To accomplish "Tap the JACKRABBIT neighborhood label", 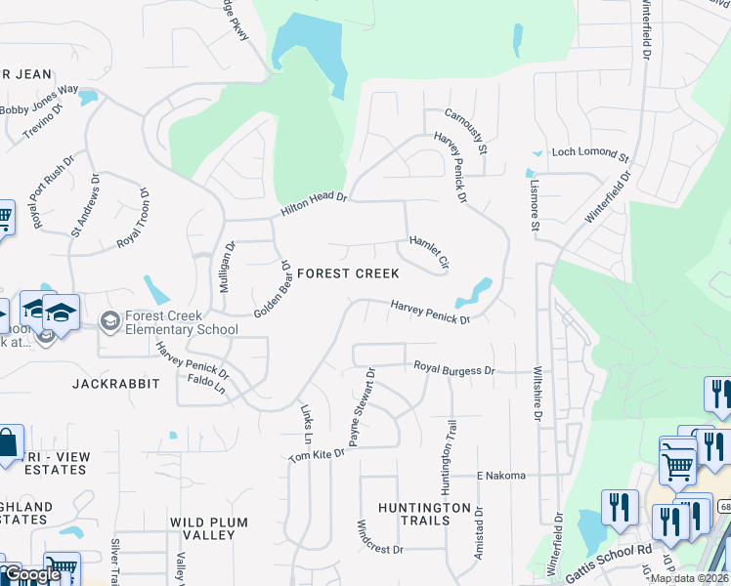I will click(114, 384).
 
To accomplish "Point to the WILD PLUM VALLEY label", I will click(215, 528).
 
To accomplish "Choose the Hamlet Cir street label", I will click(429, 252).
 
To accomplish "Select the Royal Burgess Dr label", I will click(454, 370).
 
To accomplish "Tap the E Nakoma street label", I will click(501, 476).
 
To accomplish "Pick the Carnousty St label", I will click(466, 131).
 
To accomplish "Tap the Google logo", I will click(32, 574).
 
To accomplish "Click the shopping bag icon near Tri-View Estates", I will click(7, 444).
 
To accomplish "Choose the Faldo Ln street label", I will click(206, 390).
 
